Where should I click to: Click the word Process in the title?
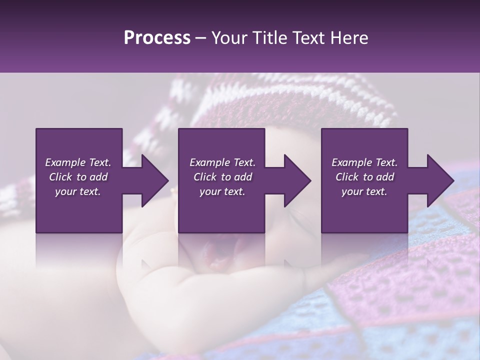[x=157, y=38]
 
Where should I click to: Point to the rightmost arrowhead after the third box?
[x=440, y=180]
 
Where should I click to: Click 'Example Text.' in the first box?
[x=78, y=162]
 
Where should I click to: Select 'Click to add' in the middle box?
[x=222, y=177]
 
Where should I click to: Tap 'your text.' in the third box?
[x=364, y=191]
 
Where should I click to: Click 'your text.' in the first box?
[x=78, y=191]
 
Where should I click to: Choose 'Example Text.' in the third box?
[x=364, y=162]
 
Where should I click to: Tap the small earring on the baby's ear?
[x=173, y=190]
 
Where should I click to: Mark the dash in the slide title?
[x=201, y=38]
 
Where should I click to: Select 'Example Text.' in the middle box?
[x=222, y=162]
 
